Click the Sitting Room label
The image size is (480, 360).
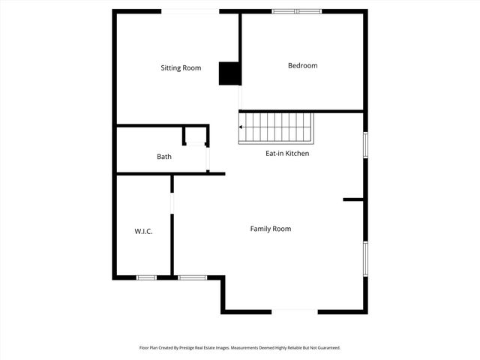181,68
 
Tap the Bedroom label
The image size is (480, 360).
302,66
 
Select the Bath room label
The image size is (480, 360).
163,157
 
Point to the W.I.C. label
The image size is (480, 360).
143,232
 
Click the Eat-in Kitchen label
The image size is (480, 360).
287,153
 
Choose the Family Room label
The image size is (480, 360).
270,229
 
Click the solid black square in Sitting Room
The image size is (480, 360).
228,73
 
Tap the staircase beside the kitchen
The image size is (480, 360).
275,127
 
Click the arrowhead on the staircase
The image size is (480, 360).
241,127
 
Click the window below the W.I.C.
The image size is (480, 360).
146,277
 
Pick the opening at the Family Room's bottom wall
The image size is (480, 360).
295,311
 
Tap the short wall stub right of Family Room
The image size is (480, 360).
353,199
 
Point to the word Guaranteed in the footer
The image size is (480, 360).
327,348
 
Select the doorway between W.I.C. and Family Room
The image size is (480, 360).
172,203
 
